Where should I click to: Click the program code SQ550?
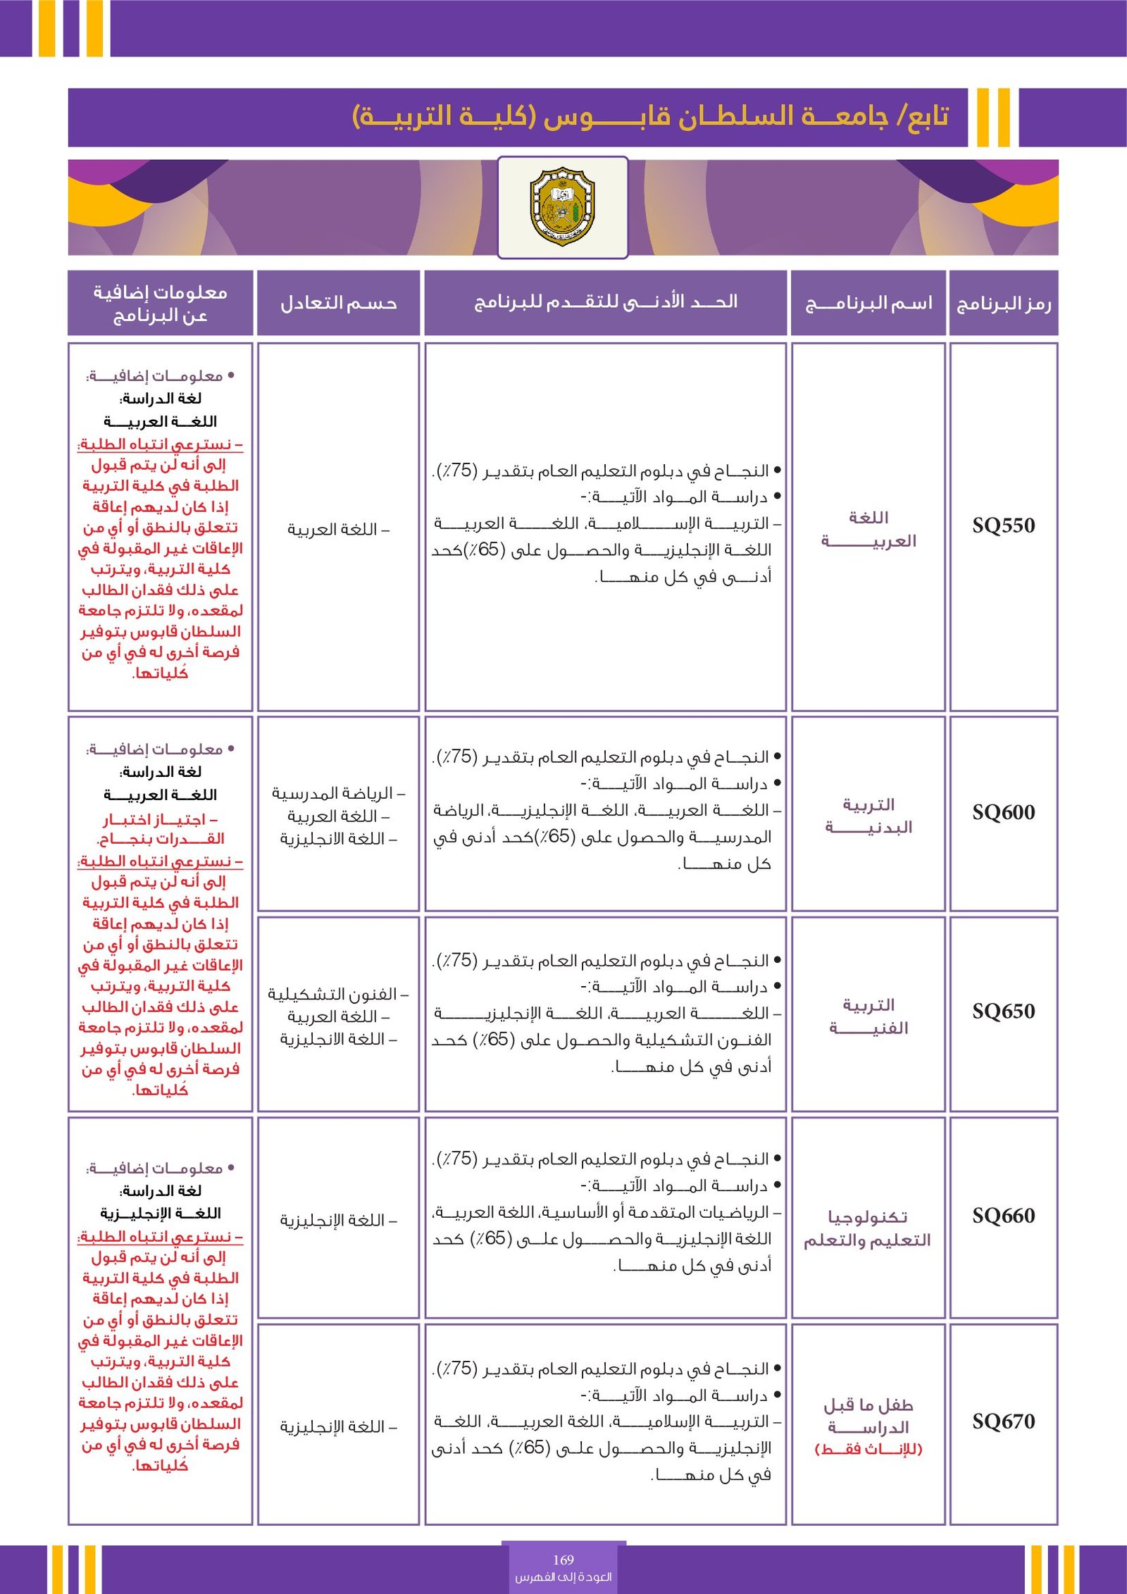pos(1003,525)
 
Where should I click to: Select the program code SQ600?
pos(1003,812)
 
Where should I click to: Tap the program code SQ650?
pos(1003,1011)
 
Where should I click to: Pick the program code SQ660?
pos(1003,1215)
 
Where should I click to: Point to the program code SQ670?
pos(1003,1421)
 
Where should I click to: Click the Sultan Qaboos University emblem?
pos(562,206)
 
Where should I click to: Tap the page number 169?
pos(563,1559)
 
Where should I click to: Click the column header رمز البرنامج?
pos(1003,304)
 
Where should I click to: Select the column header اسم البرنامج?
pos(868,304)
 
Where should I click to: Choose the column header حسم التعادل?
pos(338,304)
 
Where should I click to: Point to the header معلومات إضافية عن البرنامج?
pos(160,304)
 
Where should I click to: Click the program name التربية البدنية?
pos(868,816)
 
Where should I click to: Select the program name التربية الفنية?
pos(868,1016)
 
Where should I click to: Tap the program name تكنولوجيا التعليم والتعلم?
pos(868,1228)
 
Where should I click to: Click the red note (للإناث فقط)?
pos(868,1450)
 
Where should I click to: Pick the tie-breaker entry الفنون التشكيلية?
pos(337,994)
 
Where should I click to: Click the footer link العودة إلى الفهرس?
pos(563,1577)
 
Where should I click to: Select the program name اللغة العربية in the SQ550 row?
pos(868,529)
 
